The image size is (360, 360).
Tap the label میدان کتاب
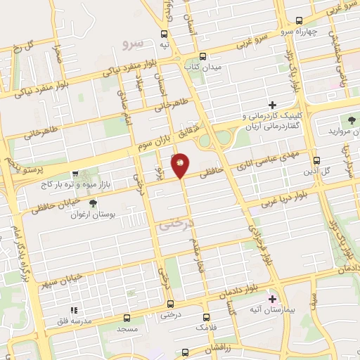click(x=202, y=66)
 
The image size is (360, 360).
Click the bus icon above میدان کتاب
click(x=202, y=56)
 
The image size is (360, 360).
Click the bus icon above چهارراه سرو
click(x=300, y=20)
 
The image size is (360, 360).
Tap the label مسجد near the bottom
click(x=127, y=328)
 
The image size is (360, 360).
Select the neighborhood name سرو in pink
click(x=132, y=44)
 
